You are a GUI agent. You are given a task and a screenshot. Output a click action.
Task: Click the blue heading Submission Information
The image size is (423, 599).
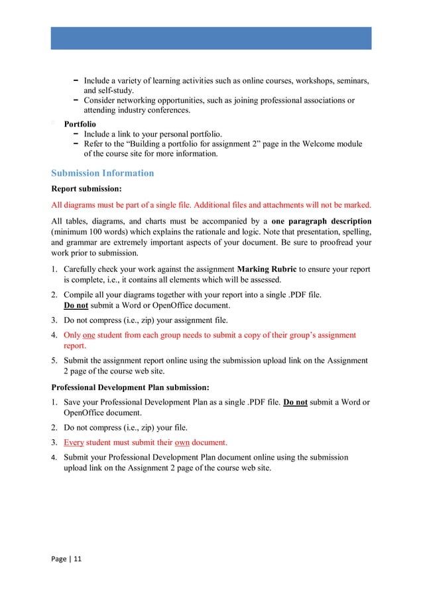pos(102,173)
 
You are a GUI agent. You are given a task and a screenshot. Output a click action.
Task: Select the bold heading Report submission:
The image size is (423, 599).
pos(85,188)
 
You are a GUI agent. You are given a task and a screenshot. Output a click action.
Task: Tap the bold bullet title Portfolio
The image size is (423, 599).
pos(80,124)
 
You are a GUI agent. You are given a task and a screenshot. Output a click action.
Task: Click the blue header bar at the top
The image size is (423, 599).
pos(211,38)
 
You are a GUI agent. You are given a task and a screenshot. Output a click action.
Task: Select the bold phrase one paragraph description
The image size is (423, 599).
pos(322,220)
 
